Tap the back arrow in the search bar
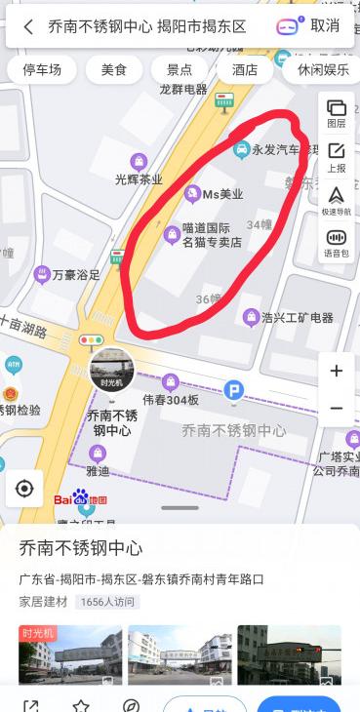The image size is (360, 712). tap(28, 26)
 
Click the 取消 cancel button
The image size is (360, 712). tap(325, 26)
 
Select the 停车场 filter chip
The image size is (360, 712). tap(42, 70)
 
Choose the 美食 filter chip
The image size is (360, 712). tap(113, 70)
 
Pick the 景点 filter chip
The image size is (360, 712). tap(180, 70)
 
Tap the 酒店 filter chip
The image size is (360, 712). tap(245, 70)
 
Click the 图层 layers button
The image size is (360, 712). tap(336, 113)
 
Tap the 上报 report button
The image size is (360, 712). tap(336, 157)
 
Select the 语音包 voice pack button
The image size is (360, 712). tap(336, 243)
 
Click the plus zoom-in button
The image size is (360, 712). tap(337, 371)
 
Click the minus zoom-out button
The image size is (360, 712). tap(337, 409)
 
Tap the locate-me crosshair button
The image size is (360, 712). tap(24, 489)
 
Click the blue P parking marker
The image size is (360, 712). tap(233, 391)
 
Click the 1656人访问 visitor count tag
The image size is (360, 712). tap(106, 602)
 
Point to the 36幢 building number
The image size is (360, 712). tap(208, 298)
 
